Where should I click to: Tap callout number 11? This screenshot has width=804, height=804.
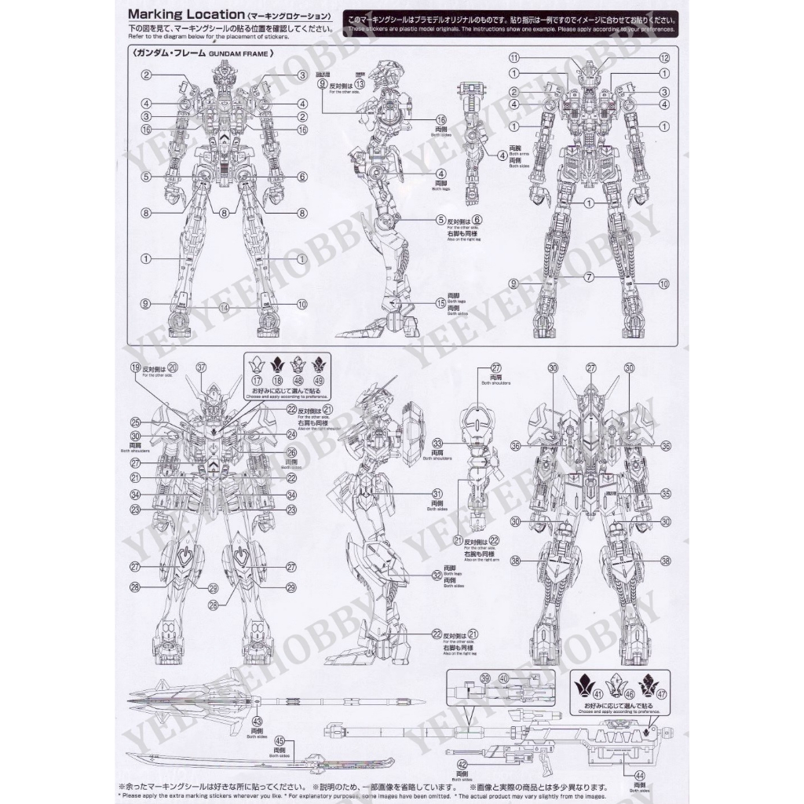(x=514, y=58)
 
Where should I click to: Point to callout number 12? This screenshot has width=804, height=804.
(x=663, y=58)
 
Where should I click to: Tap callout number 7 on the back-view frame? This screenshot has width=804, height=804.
(x=588, y=277)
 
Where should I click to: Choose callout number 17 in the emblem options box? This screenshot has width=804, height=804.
(x=255, y=380)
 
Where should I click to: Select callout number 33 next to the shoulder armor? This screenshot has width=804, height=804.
(x=437, y=443)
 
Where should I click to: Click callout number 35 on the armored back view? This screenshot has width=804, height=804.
(x=665, y=494)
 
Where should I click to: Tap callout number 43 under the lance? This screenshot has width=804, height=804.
(x=257, y=721)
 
